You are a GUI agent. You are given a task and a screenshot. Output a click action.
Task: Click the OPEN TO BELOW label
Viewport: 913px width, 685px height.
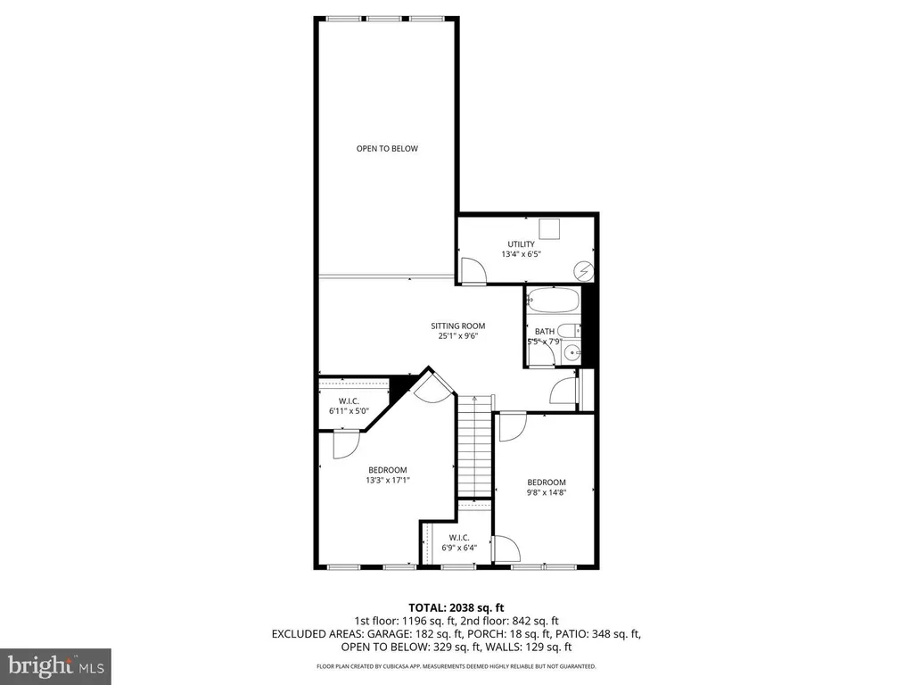tap(387, 149)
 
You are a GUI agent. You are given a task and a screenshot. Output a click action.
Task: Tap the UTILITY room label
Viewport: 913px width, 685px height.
tap(522, 243)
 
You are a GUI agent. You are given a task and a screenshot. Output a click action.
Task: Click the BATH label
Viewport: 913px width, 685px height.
tap(545, 331)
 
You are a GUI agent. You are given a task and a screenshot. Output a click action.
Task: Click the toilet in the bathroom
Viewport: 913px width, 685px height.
tap(569, 330)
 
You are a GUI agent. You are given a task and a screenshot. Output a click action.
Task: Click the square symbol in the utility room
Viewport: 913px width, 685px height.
tap(549, 228)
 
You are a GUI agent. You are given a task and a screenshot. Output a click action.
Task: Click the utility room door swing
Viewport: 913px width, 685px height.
tap(473, 270)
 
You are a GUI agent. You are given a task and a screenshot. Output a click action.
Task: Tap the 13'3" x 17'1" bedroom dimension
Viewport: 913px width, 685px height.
tap(387, 480)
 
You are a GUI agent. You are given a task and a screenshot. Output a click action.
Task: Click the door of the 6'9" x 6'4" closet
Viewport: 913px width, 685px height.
tap(504, 548)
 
